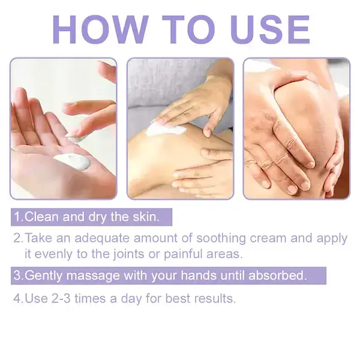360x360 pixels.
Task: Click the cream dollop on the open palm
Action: [x=72, y=161]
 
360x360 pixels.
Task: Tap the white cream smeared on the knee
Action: [x=166, y=129]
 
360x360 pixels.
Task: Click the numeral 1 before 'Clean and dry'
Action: [x=17, y=217]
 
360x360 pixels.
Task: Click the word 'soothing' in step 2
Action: [x=221, y=238]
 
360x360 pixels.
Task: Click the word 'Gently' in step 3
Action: [x=43, y=276]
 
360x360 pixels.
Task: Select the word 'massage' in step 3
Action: [x=93, y=276]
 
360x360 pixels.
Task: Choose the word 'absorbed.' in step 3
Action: [x=278, y=275]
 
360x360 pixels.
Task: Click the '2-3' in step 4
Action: [x=61, y=299]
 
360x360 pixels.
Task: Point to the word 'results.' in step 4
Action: [x=215, y=299]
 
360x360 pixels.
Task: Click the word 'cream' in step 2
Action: [x=268, y=239]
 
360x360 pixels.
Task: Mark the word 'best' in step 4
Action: [x=178, y=299]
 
